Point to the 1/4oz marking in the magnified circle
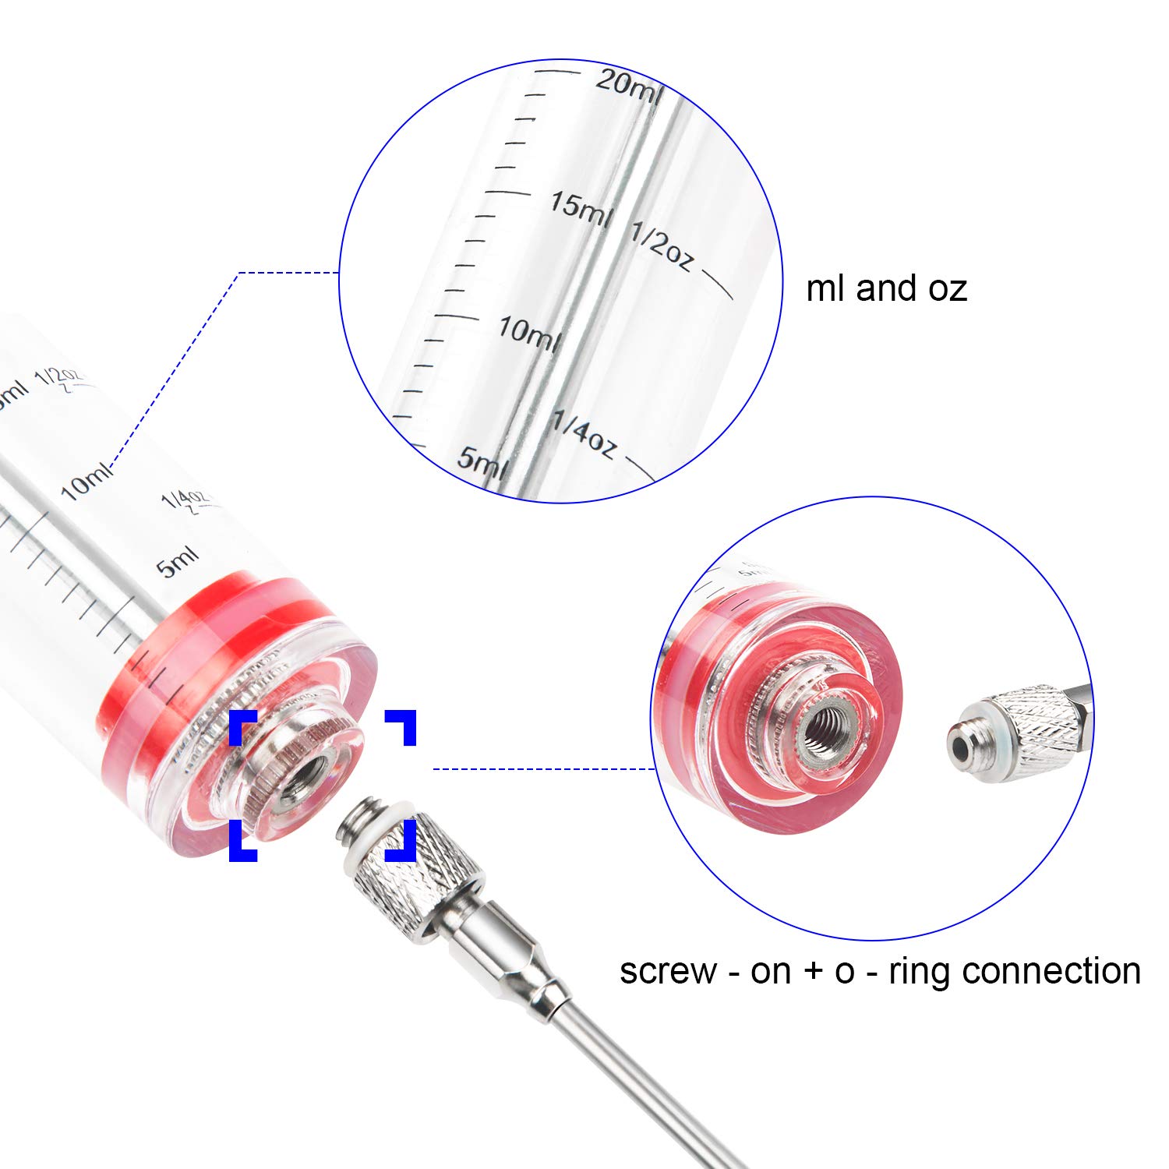(584, 434)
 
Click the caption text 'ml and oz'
(886, 288)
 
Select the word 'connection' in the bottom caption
(1052, 971)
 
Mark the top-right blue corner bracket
(402, 725)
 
